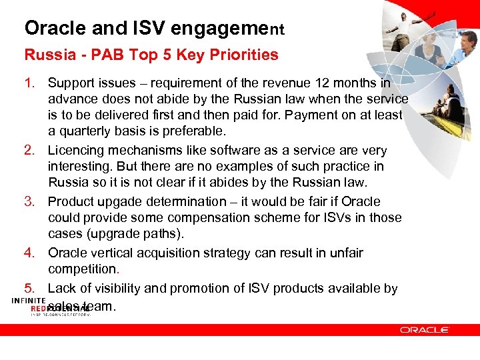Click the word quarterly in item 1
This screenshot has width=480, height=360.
click(85, 131)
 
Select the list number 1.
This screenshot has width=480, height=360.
click(30, 83)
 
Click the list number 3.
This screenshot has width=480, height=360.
click(30, 201)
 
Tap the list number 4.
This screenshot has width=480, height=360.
click(30, 253)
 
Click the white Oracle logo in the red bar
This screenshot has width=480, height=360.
click(424, 329)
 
